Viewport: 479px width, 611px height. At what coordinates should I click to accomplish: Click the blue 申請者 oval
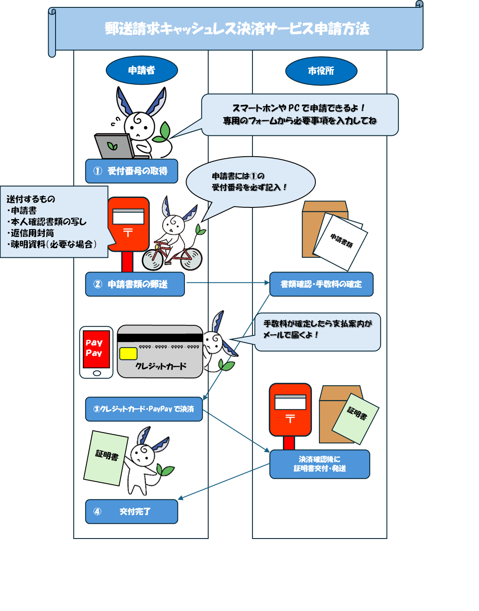(x=142, y=70)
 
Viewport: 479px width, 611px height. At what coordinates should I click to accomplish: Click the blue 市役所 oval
(x=321, y=71)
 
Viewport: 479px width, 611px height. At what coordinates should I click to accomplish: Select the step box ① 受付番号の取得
(x=131, y=171)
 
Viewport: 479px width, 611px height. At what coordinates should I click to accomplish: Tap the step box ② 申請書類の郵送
(x=135, y=284)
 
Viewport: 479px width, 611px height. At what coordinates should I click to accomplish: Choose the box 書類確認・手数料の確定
(x=321, y=284)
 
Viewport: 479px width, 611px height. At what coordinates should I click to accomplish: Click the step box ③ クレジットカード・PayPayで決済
(x=144, y=409)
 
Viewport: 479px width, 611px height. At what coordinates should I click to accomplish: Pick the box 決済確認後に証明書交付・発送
(x=320, y=464)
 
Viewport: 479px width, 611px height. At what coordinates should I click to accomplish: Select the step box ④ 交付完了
(x=131, y=512)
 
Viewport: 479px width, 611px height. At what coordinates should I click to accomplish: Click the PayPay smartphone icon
(x=96, y=352)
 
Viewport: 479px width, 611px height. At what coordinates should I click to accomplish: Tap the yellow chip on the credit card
(x=128, y=353)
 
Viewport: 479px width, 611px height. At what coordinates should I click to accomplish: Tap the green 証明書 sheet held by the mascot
(x=106, y=457)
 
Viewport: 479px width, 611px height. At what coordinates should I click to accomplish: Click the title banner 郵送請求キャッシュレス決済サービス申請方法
(x=237, y=29)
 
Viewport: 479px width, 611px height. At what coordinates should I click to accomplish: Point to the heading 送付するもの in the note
(x=31, y=199)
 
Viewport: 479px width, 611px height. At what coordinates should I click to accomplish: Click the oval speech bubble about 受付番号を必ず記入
(x=250, y=182)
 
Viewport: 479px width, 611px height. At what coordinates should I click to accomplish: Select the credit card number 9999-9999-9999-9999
(x=169, y=347)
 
